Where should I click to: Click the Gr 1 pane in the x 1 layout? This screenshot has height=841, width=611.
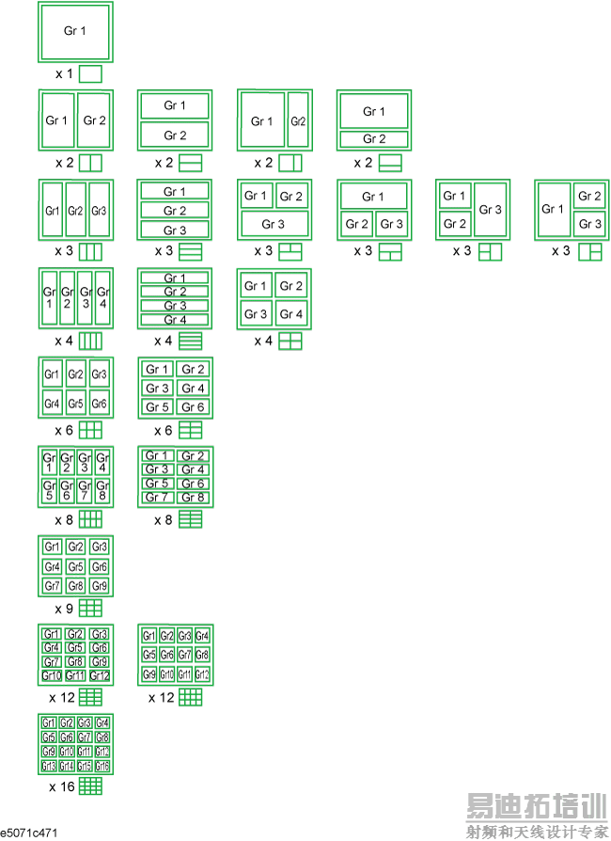click(x=75, y=32)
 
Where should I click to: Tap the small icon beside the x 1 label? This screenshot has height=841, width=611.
click(x=90, y=73)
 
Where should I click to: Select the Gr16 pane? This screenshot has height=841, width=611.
click(x=102, y=767)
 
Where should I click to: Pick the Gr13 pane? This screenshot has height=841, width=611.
click(x=49, y=767)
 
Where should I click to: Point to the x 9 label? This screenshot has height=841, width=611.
click(x=65, y=608)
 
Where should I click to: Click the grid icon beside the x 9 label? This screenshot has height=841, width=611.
click(x=90, y=608)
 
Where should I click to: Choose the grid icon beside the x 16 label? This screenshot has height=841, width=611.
click(x=90, y=785)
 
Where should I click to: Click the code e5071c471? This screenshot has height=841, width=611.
click(x=30, y=833)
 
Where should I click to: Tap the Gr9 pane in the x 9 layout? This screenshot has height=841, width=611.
click(x=100, y=586)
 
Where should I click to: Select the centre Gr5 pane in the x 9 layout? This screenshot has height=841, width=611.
click(x=75, y=566)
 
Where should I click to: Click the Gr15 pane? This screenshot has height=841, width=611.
click(x=85, y=767)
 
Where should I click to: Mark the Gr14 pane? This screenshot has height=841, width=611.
click(x=67, y=767)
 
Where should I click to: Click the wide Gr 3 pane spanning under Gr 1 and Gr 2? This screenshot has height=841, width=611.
click(x=273, y=225)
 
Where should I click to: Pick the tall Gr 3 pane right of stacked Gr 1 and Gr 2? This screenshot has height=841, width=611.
click(x=490, y=210)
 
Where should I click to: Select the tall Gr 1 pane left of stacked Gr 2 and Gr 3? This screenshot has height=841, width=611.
click(x=553, y=210)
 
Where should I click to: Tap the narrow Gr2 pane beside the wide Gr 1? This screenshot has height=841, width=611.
click(x=297, y=121)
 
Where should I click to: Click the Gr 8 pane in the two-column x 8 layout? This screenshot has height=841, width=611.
click(x=193, y=497)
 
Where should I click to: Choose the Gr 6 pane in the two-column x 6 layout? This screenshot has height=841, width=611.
click(x=193, y=406)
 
